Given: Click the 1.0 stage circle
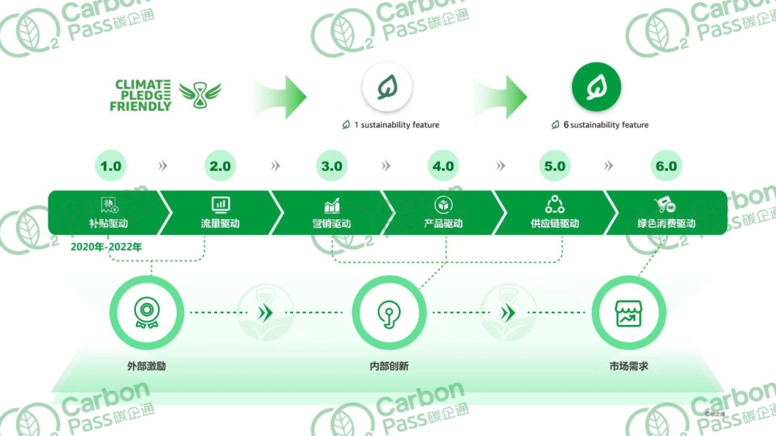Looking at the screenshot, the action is click(x=111, y=166).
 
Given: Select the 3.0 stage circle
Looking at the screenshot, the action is click(x=331, y=166).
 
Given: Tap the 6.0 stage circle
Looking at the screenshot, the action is click(x=666, y=166).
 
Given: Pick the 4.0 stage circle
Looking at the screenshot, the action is click(x=443, y=166).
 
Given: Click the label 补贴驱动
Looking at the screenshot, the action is click(x=108, y=223).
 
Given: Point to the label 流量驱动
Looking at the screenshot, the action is click(x=221, y=223).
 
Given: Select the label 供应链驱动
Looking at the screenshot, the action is click(x=555, y=223).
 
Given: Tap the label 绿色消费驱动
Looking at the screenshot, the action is click(x=666, y=223).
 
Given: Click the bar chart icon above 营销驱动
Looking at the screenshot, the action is click(x=331, y=205).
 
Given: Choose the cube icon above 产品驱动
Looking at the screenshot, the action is click(x=443, y=205).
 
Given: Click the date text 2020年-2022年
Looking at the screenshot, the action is click(x=106, y=246).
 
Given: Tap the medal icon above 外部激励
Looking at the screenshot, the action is click(x=147, y=312).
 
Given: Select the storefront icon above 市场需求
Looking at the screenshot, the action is click(x=629, y=313).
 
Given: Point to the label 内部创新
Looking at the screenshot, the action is click(x=389, y=366).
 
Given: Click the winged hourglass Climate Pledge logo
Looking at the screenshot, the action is click(x=200, y=95).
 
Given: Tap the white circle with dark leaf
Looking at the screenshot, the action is click(x=387, y=87).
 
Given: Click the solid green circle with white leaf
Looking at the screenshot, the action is click(x=596, y=87).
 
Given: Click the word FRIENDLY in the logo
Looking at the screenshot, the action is click(x=141, y=106).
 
